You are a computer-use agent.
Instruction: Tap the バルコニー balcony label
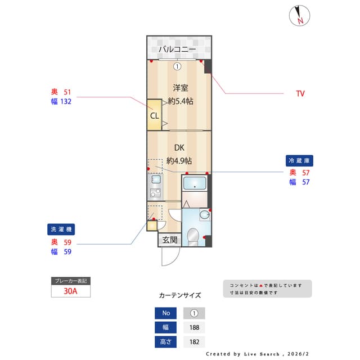coord(177,50)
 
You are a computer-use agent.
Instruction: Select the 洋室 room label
coord(180,88)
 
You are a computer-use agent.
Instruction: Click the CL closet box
coord(154,116)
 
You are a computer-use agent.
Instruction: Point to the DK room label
coord(179,148)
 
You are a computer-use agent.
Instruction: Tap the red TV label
coord(300,93)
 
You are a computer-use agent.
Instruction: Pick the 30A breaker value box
coord(70,291)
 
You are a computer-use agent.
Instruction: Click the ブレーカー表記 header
coord(70,280)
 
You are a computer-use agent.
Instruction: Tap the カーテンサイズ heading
coord(180,295)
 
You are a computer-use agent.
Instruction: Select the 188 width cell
coord(194,327)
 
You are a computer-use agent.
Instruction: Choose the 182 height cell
coord(194,341)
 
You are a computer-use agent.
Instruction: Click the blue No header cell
coord(166,313)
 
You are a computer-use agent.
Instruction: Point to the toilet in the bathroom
coord(192,236)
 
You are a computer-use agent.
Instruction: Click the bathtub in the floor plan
coord(196,183)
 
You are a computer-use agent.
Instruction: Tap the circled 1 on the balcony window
coord(177,66)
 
